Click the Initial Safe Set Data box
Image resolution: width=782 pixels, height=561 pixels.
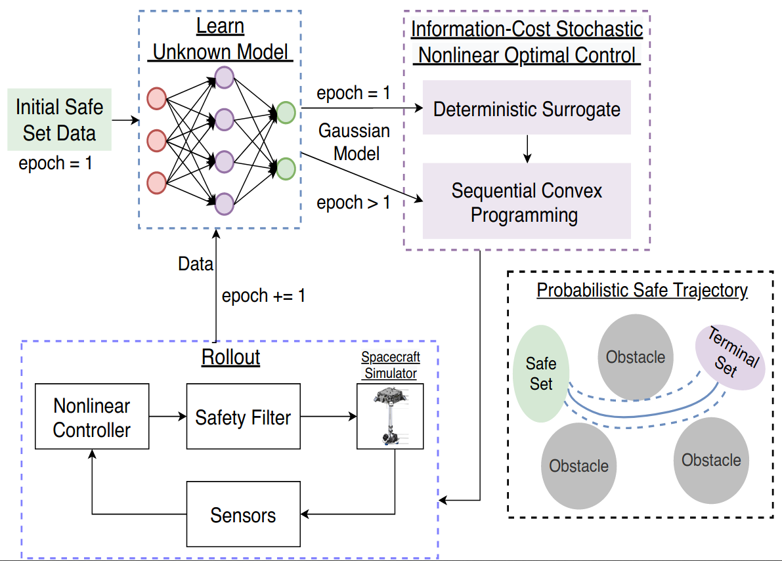(x=60, y=120)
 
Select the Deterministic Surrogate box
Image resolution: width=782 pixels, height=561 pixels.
(x=527, y=108)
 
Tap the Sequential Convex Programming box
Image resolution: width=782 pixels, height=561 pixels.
(x=527, y=203)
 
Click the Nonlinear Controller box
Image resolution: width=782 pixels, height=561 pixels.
(x=92, y=417)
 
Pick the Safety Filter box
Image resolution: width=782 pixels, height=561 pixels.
(x=243, y=417)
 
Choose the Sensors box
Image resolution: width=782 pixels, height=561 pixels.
(x=243, y=514)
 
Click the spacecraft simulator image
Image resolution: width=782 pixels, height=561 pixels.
(x=389, y=417)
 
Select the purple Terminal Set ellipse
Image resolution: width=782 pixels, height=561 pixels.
(x=731, y=358)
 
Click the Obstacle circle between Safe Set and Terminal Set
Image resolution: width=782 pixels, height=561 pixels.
(x=636, y=357)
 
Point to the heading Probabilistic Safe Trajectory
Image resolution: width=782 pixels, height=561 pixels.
(x=641, y=290)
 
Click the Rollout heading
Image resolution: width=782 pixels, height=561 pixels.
(x=230, y=358)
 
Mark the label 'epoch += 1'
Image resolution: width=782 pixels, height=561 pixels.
(x=263, y=295)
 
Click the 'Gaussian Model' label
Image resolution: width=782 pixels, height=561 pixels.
(x=355, y=142)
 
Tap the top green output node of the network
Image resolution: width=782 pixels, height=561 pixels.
(x=286, y=113)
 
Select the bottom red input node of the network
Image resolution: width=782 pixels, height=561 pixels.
(x=156, y=182)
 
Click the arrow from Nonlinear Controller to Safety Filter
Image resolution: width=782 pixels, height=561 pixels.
(x=167, y=417)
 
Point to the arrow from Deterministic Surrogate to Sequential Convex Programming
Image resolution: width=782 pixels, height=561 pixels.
(x=527, y=149)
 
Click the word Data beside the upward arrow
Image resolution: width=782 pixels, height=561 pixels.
(x=195, y=264)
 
